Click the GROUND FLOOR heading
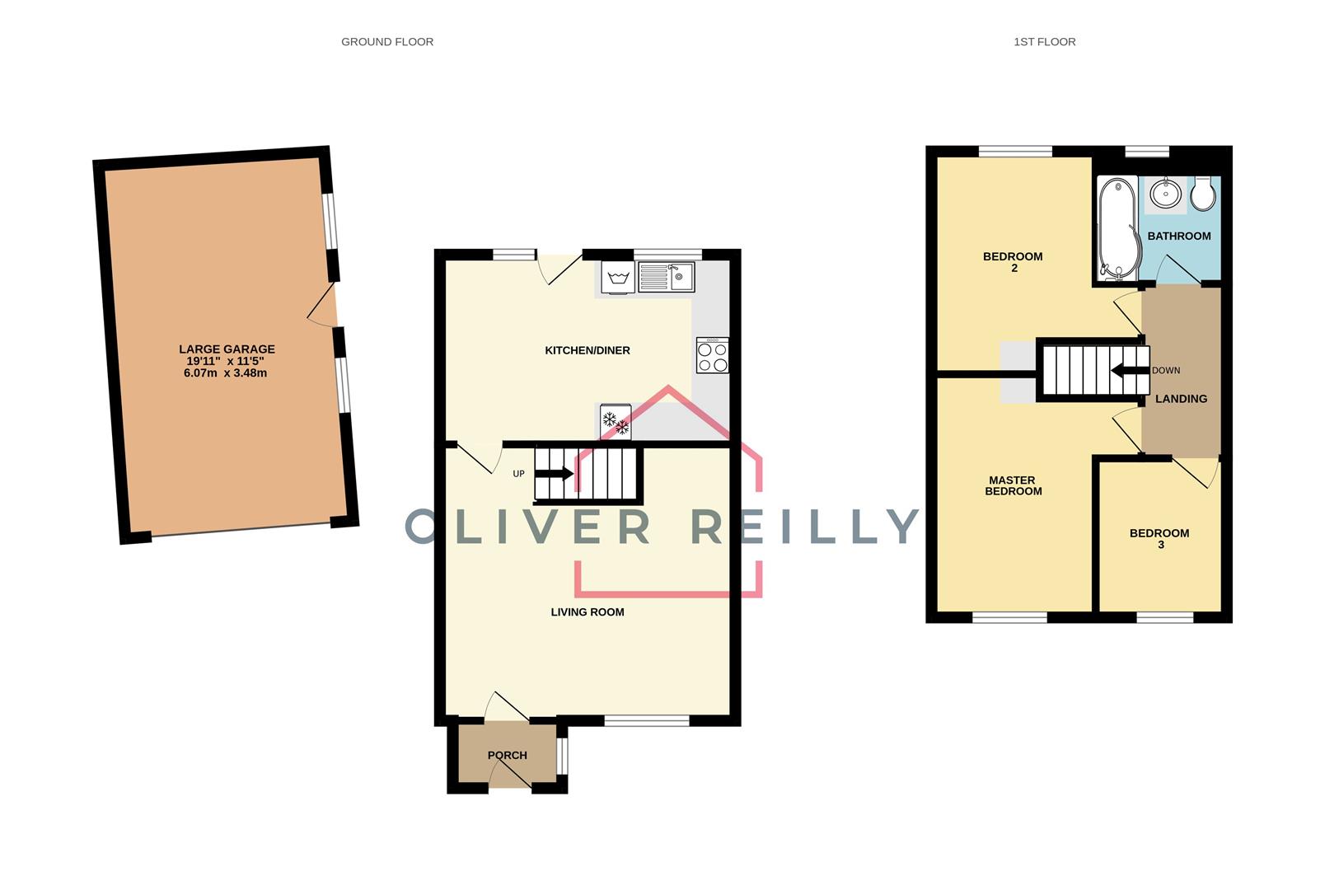coord(387,41)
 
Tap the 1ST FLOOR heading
coord(1044,41)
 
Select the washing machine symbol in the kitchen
coord(617,277)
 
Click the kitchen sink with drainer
coord(666,277)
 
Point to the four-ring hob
coord(713,356)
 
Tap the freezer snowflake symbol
coord(616,422)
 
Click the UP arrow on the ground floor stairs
coord(554,474)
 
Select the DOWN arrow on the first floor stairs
coord(1130,370)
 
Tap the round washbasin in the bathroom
coord(1166,194)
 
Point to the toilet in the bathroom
coord(1203,194)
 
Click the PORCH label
coord(507,755)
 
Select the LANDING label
coord(1181,399)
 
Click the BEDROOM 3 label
coord(1159,538)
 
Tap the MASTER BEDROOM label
coord(1013,485)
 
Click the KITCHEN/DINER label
coord(588,350)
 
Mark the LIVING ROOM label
coord(588,611)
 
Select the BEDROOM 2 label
coord(1013,262)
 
